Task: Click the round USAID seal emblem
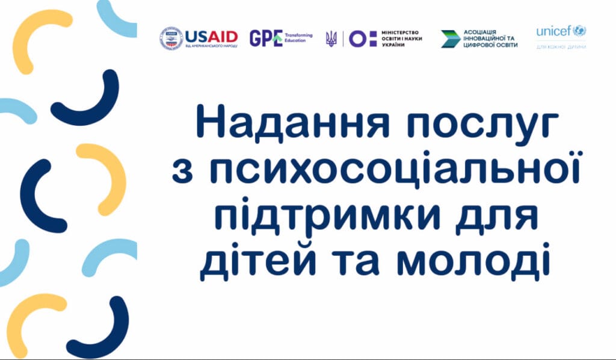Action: point(171,38)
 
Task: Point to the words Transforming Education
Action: point(298,38)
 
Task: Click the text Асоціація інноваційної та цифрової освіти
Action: point(490,39)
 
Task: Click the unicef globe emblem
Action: point(579,31)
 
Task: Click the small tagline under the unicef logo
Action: point(561,47)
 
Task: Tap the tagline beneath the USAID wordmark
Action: point(211,46)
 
